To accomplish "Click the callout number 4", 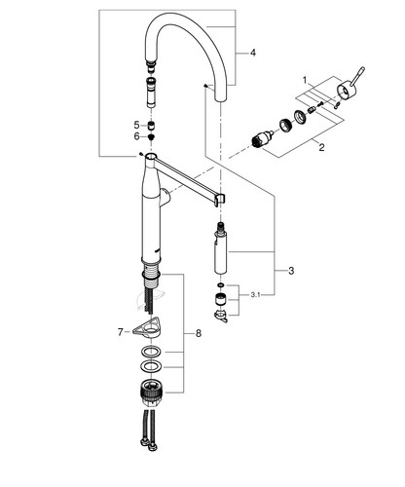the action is point(253,53).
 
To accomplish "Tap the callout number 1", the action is point(305,80).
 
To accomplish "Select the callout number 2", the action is point(321,148).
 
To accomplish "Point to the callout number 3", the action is point(291,270).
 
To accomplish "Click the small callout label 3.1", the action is point(255,295).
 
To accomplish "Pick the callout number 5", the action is point(136,125).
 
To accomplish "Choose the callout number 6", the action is point(136,136).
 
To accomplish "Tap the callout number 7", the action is point(120,332).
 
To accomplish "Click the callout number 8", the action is point(199,333).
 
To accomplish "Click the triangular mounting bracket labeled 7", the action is point(149,327).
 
